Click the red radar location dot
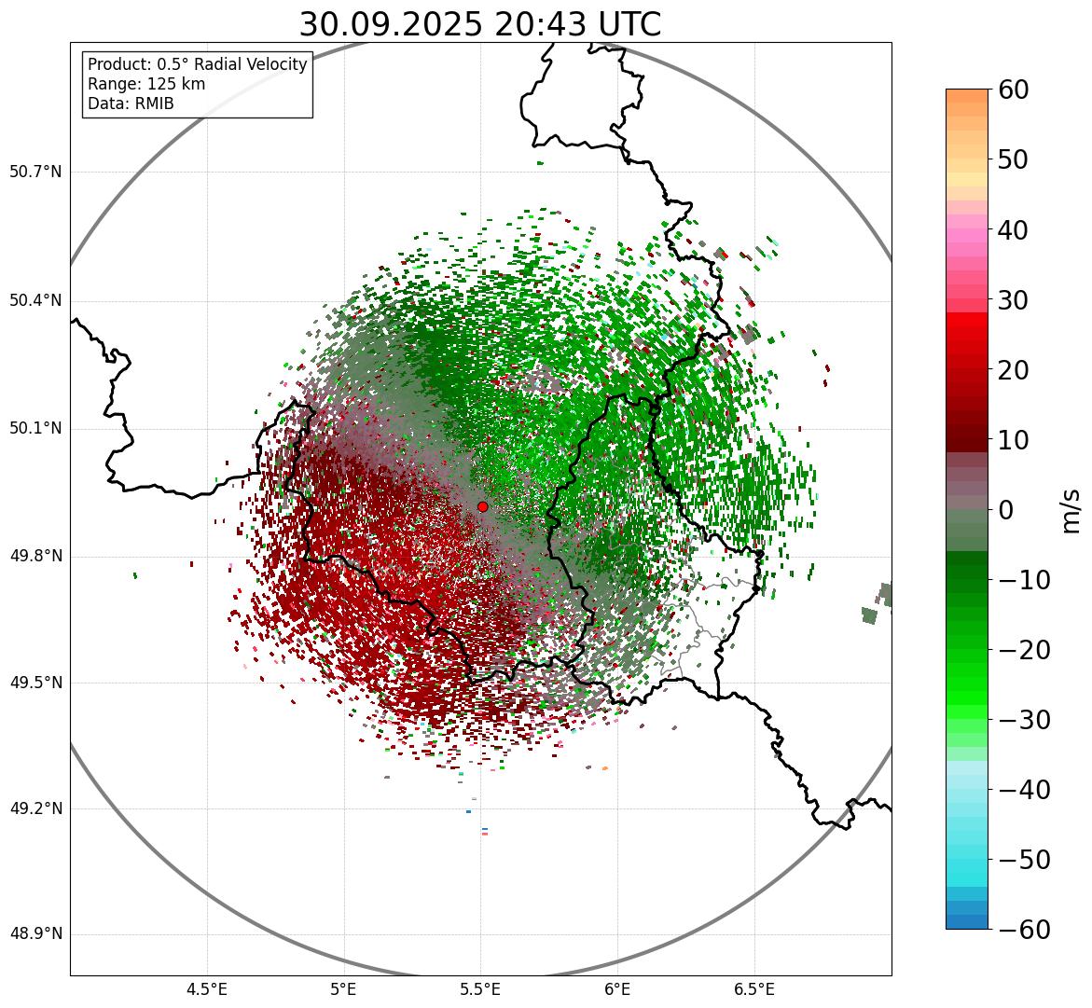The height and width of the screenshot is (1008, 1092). click(483, 506)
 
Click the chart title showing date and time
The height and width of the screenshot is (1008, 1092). click(479, 24)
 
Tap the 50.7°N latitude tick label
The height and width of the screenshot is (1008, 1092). click(35, 172)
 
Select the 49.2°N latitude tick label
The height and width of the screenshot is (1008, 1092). click(35, 808)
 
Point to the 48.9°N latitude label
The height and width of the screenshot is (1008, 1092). click(35, 934)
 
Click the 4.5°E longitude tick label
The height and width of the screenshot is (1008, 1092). click(207, 988)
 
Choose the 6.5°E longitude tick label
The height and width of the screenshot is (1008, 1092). click(754, 988)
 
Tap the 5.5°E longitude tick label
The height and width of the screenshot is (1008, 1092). click(480, 988)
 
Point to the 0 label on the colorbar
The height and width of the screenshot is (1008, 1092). click(1006, 510)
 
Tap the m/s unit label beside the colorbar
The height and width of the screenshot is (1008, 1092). click(1071, 510)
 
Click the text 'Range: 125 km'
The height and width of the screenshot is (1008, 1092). click(146, 84)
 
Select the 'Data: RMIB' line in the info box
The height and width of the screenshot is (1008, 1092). click(131, 104)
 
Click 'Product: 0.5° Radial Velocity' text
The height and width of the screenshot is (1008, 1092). click(197, 64)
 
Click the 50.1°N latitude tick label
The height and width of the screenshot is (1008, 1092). click(35, 429)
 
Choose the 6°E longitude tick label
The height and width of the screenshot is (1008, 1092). click(617, 988)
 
